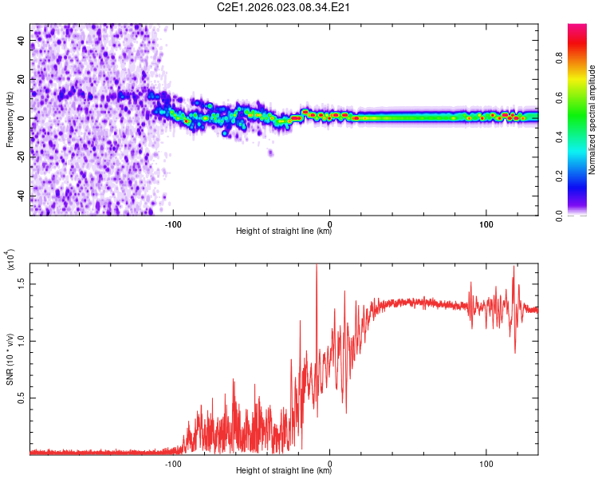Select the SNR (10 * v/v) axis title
[x=9, y=359]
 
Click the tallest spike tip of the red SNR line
[x=317, y=265]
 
